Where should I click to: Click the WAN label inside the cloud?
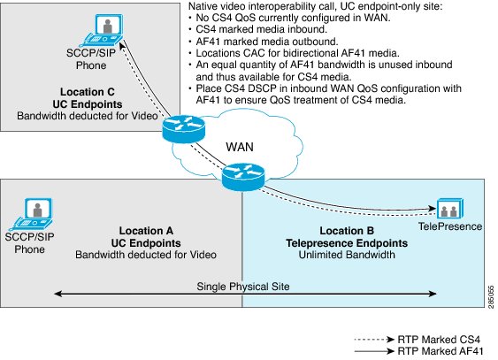(240, 147)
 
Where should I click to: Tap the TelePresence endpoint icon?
(450, 209)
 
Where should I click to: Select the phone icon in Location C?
(103, 30)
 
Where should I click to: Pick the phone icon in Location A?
(32, 214)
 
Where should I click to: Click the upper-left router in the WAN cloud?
(184, 128)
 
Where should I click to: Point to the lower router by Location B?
(243, 177)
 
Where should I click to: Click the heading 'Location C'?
(88, 92)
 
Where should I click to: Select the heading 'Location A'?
(146, 231)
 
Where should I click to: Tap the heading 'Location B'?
(347, 231)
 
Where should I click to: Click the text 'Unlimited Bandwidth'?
(347, 255)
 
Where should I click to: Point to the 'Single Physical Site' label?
(243, 287)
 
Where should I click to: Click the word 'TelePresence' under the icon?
(450, 226)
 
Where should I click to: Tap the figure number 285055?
(491, 297)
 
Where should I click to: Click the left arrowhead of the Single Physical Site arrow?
(57, 294)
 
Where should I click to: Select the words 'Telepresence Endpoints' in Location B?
(347, 243)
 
